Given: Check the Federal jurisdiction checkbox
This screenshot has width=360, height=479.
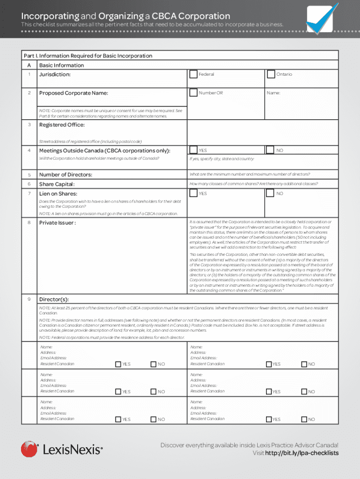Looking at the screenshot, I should click(193, 74).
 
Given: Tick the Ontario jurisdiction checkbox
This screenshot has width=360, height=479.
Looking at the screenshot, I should click(271, 74).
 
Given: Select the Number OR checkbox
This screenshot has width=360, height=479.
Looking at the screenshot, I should click(193, 93).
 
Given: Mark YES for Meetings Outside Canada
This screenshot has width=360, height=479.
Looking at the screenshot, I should click(193, 150).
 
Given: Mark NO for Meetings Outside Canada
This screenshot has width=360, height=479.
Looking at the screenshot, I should click(270, 150).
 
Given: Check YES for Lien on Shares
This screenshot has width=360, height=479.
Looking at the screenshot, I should click(193, 193).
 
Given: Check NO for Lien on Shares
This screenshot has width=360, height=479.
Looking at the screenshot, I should click(270, 193).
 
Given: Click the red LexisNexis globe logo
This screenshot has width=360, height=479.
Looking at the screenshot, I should click(29, 449).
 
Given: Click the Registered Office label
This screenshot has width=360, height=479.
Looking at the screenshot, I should click(62, 125).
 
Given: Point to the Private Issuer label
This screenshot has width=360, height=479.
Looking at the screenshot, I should click(57, 223).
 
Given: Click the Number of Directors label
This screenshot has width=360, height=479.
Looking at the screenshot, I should click(65, 174).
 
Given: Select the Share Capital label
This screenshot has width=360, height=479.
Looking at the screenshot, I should click(57, 184).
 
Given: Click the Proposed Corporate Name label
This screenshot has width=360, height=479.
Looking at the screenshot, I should click(73, 93).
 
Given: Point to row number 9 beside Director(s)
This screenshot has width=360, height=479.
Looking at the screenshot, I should click(29, 299).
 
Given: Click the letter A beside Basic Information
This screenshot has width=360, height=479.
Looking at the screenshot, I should click(29, 65).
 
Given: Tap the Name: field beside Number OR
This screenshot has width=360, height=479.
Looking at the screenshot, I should click(299, 93).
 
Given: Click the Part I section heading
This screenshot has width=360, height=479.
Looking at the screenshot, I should click(88, 56).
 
